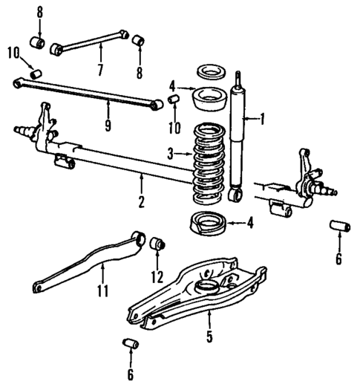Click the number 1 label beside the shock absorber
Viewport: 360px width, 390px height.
[x=261, y=117]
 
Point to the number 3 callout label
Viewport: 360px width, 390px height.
[x=169, y=154]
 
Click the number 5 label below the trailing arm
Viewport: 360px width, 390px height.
[x=209, y=337]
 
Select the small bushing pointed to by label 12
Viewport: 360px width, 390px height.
[x=157, y=244]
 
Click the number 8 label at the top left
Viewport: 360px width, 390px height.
[x=39, y=13]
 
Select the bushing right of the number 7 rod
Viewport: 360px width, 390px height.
[x=137, y=39]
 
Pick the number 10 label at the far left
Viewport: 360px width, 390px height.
[x=10, y=51]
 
